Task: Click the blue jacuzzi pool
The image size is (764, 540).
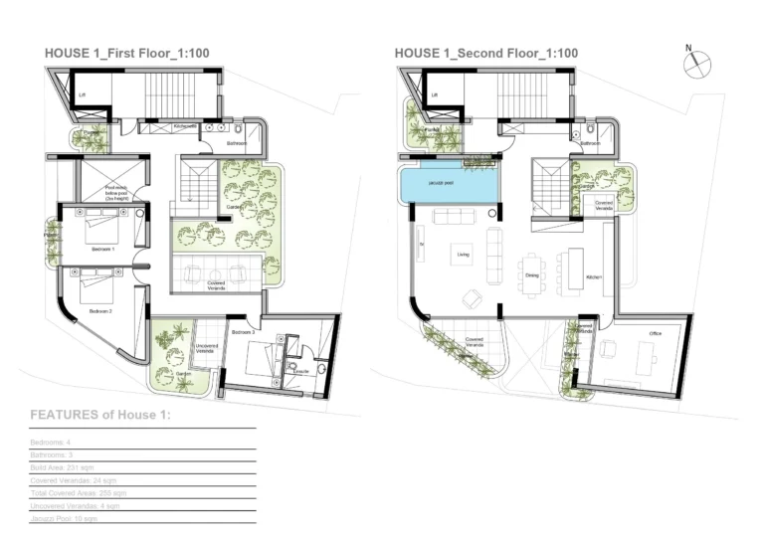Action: [x=448, y=185]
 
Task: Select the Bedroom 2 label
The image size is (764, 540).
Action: [x=100, y=311]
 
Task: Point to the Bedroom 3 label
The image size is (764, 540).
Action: [x=244, y=331]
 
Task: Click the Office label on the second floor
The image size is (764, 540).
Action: [x=655, y=333]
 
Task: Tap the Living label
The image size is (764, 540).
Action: [x=463, y=255]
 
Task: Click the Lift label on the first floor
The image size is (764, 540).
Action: [x=83, y=95]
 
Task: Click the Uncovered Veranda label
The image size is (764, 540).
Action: [x=205, y=349]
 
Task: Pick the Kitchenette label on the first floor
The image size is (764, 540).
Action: [x=185, y=126]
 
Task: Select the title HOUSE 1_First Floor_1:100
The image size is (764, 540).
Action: [x=126, y=53]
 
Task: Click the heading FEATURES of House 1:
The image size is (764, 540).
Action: [x=100, y=415]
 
